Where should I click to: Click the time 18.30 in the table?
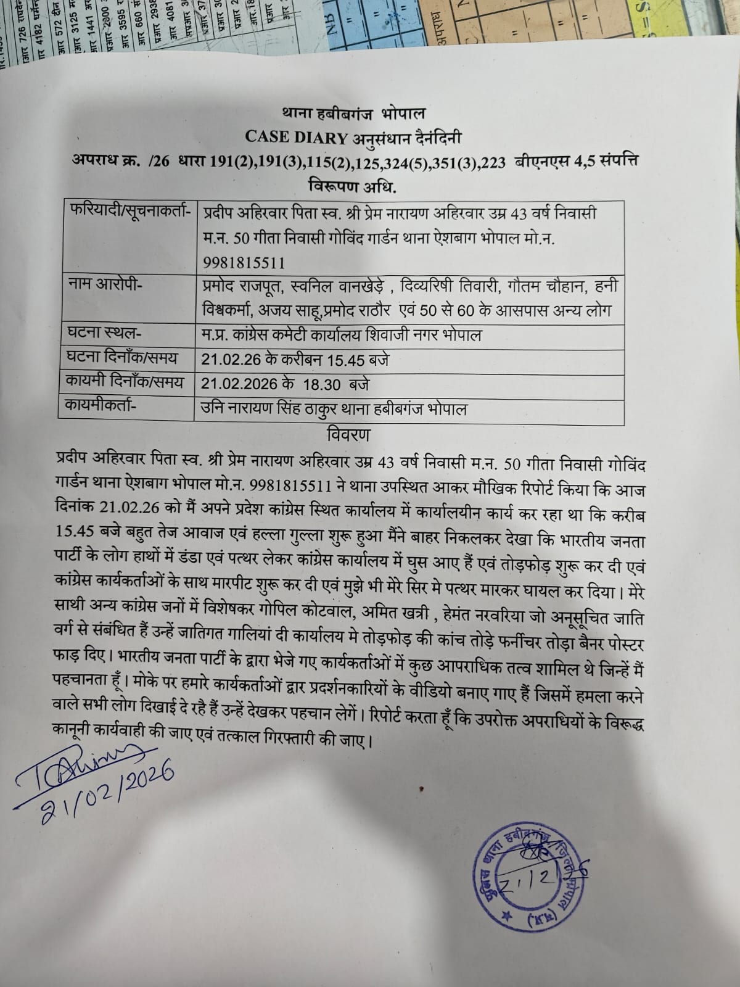pos(321,384)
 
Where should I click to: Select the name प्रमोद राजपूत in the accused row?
pos(237,286)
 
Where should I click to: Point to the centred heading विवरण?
pos(348,435)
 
